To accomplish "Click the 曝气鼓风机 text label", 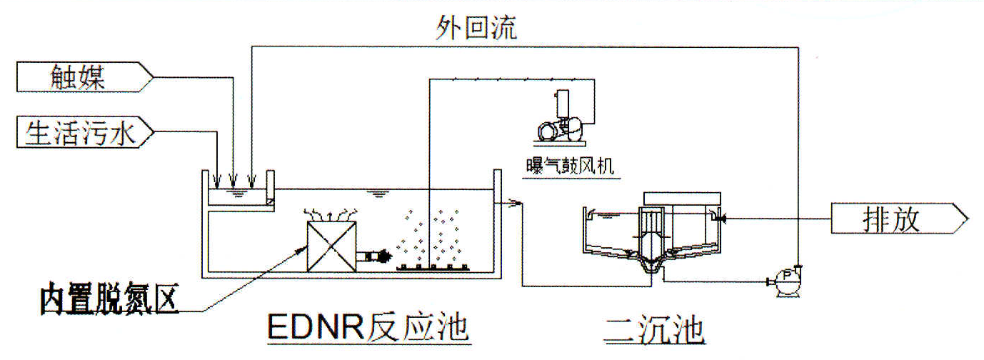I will pos(569,166).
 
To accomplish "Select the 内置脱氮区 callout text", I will pos(108,301).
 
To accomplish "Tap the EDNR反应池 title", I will pos(367,329).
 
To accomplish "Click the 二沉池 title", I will pos(654,330).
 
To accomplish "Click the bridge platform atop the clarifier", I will pos(682,197).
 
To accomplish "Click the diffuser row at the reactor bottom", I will pos(432,268).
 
